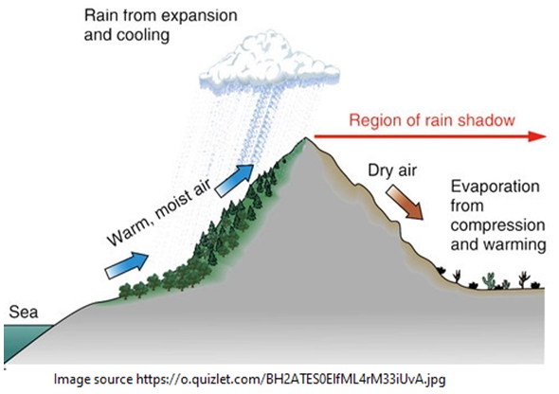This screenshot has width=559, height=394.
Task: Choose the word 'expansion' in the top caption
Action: pos(187,17)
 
